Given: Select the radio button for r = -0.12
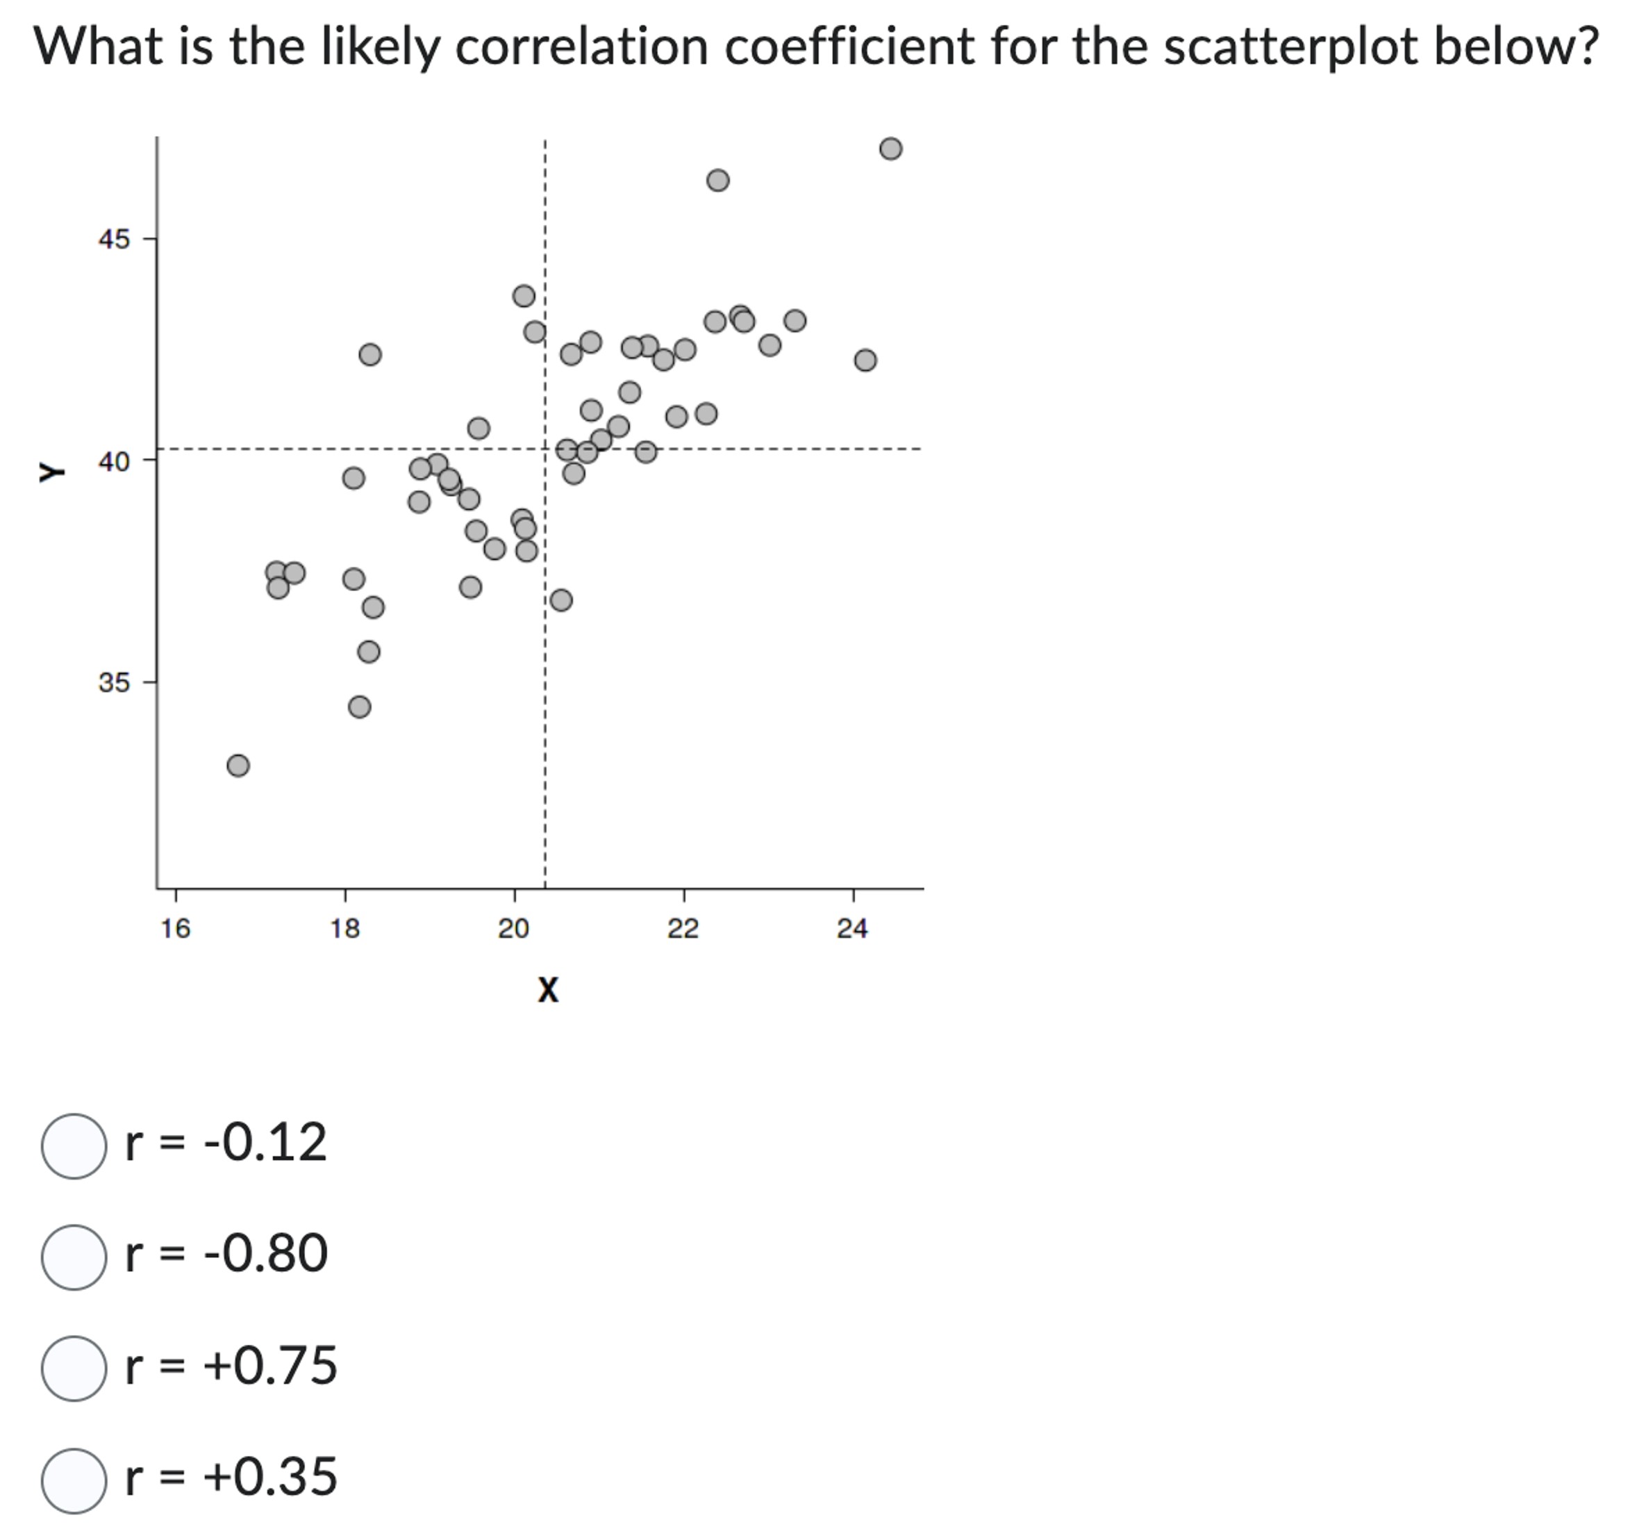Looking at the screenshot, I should coord(74,1146).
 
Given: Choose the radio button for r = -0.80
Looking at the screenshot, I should coord(74,1257).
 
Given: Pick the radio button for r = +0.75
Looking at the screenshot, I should coord(74,1369).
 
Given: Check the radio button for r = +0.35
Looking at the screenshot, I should coord(74,1480).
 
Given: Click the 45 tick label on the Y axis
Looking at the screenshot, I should coord(114,240).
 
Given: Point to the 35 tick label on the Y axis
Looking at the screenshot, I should coord(114,682).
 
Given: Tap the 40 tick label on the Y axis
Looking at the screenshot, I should coord(114,462).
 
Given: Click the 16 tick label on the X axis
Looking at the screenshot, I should coord(176,929).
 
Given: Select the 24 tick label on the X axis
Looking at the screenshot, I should coord(853,929).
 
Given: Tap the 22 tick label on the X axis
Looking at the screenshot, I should coord(683,929).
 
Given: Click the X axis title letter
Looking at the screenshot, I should coord(548,989).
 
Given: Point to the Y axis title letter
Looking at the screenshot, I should coord(51,472).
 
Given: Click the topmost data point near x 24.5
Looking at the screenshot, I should coord(890,149).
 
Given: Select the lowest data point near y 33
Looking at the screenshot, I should coord(238,766).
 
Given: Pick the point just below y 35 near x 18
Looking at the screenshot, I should coord(359,706).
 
